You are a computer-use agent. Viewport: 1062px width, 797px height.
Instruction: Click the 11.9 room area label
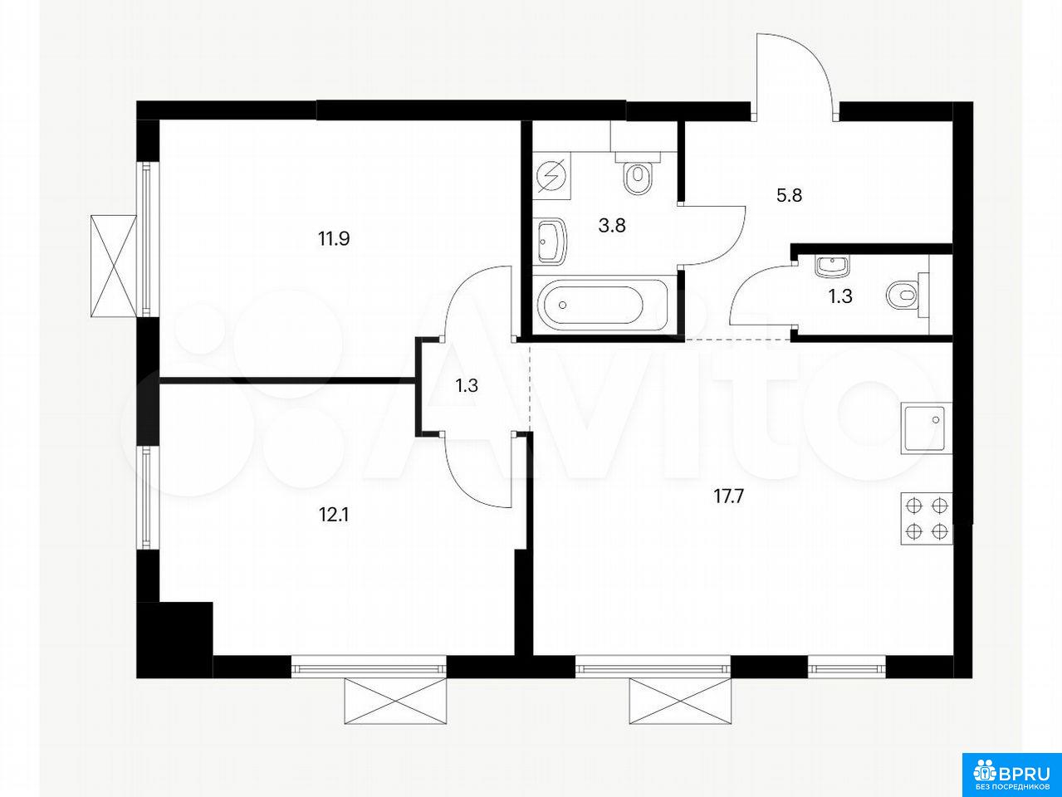[x=334, y=239]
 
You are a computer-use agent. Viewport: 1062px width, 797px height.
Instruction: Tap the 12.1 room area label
[x=334, y=516]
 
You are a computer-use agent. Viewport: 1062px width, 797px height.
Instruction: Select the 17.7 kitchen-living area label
[x=729, y=496]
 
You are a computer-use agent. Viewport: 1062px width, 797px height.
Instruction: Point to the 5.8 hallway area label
[x=789, y=195]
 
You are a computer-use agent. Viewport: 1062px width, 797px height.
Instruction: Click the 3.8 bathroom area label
[x=612, y=225]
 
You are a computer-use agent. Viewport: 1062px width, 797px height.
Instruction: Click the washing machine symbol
[x=551, y=176]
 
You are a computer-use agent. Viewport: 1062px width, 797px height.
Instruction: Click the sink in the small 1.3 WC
[x=831, y=266]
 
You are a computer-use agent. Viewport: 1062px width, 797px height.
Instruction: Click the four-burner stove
[x=926, y=519]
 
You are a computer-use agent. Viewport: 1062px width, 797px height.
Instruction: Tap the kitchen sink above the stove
[x=926, y=429]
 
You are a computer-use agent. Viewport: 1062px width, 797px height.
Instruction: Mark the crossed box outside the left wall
[x=115, y=266]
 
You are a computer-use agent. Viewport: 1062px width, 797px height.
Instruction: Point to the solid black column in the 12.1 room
[x=175, y=639]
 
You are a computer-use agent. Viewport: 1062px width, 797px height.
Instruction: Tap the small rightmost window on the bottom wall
[x=846, y=668]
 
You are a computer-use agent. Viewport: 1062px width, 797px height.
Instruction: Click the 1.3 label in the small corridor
[x=467, y=385]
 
